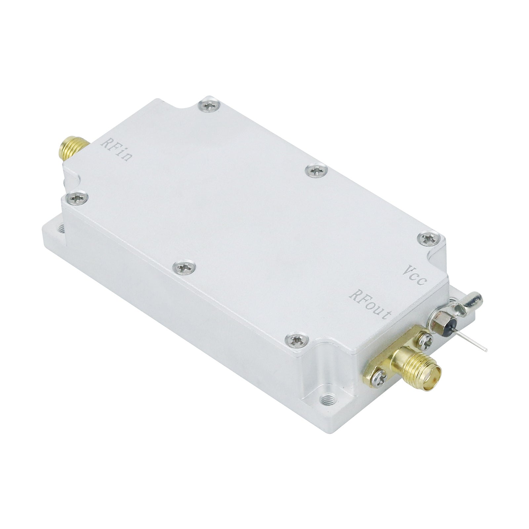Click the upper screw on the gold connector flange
coord(426,340)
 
